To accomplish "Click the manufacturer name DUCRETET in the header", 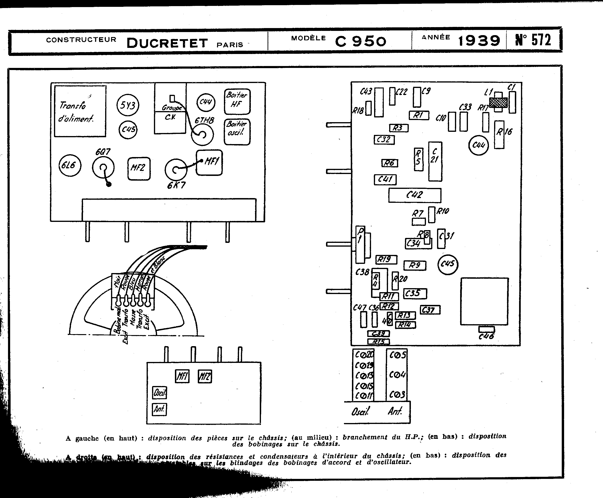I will coord(167,43).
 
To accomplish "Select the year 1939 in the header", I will coord(479,41).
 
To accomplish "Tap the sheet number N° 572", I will coord(533,40).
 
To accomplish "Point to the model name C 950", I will coord(361,41).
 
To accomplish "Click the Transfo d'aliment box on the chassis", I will coord(80,111).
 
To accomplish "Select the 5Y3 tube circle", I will coord(128,105).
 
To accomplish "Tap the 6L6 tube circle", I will coord(70,165).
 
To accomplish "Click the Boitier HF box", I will coord(237,101).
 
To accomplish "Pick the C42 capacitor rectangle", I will coord(415,195).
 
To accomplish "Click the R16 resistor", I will coord(499,135).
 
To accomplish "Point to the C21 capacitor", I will coord(435,161).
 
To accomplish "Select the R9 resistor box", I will coord(415,265).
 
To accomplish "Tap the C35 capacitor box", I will coord(415,294).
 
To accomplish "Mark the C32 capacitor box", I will coord(384,140).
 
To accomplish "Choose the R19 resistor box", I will coord(386,260).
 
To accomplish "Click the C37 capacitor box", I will coord(430,310).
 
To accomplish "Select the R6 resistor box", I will coord(390,163).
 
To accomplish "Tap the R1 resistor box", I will coord(419,115).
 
